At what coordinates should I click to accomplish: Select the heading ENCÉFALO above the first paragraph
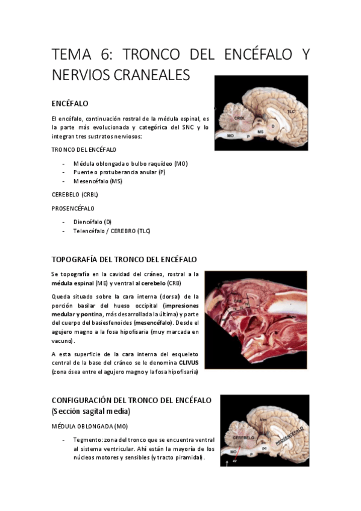click(x=71, y=104)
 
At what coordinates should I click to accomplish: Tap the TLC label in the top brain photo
click(x=292, y=111)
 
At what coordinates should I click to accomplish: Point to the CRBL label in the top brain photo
click(x=239, y=118)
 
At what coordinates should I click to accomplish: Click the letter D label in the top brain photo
click(x=273, y=126)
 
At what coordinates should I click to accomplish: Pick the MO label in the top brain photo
click(x=230, y=136)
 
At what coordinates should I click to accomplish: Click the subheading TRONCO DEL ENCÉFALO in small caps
click(x=84, y=149)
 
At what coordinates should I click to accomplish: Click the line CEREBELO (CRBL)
click(x=75, y=195)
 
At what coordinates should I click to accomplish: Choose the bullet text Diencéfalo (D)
click(x=92, y=222)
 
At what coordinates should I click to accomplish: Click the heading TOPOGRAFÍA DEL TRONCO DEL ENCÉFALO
click(x=124, y=260)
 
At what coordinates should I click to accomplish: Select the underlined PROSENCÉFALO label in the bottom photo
click(x=290, y=434)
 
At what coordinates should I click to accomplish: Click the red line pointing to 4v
click(x=234, y=457)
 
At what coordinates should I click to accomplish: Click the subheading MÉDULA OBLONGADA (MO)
click(x=86, y=426)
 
